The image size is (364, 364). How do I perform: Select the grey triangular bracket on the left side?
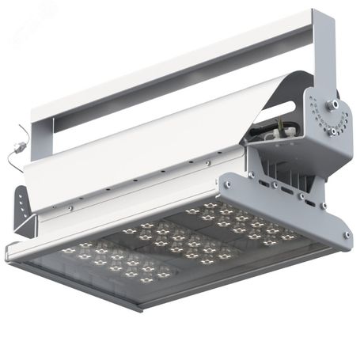tap(25, 210)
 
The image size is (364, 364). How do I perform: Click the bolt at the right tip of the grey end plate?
tap(345, 234)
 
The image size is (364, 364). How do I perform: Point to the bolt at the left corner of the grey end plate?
tap(226, 184)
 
